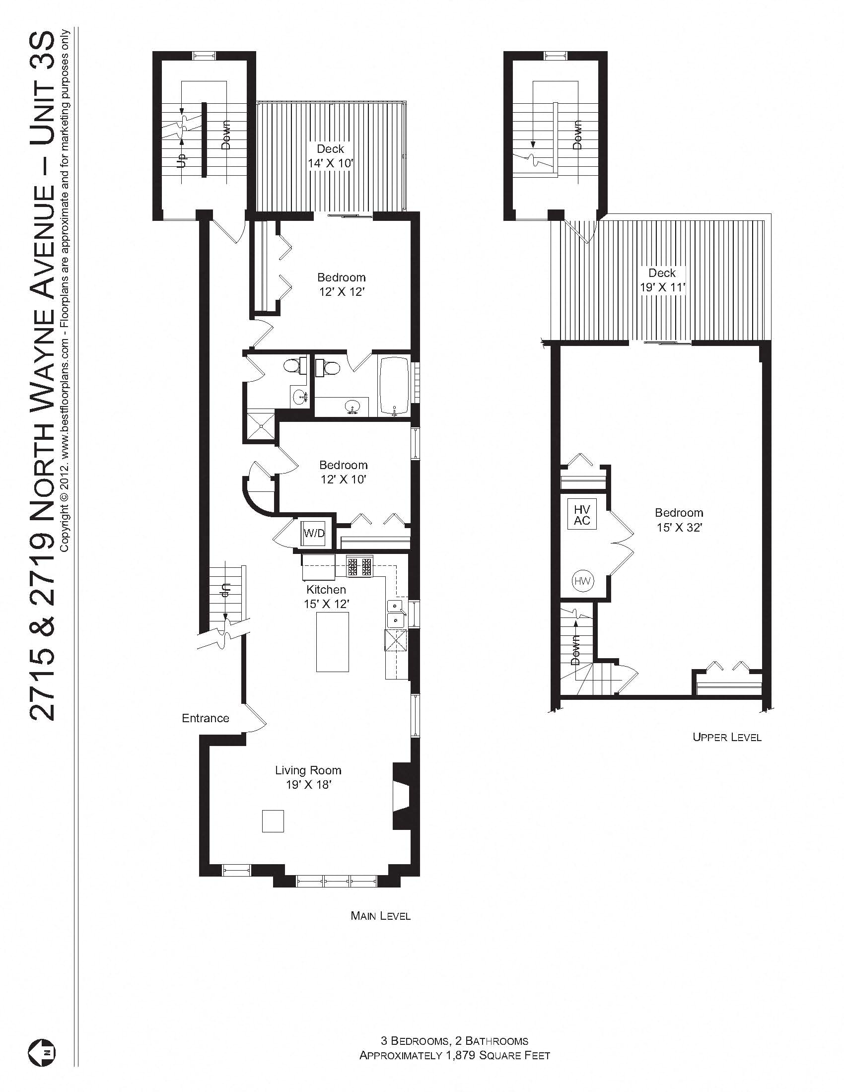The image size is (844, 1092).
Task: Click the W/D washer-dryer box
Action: pos(314,534)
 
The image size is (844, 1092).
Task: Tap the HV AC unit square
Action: pos(582,515)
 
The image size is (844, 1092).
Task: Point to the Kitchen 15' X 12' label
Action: pos(326,597)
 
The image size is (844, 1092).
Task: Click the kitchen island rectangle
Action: pos(333,642)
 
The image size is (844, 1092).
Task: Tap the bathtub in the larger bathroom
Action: pos(394,385)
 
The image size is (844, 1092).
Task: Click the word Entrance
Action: pos(205,719)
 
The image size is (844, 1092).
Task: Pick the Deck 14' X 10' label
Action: pos(331,155)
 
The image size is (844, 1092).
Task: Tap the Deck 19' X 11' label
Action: pos(662,280)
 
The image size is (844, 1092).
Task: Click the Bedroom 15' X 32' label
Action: pos(679,520)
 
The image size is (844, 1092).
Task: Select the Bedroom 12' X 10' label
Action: pos(344,472)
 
